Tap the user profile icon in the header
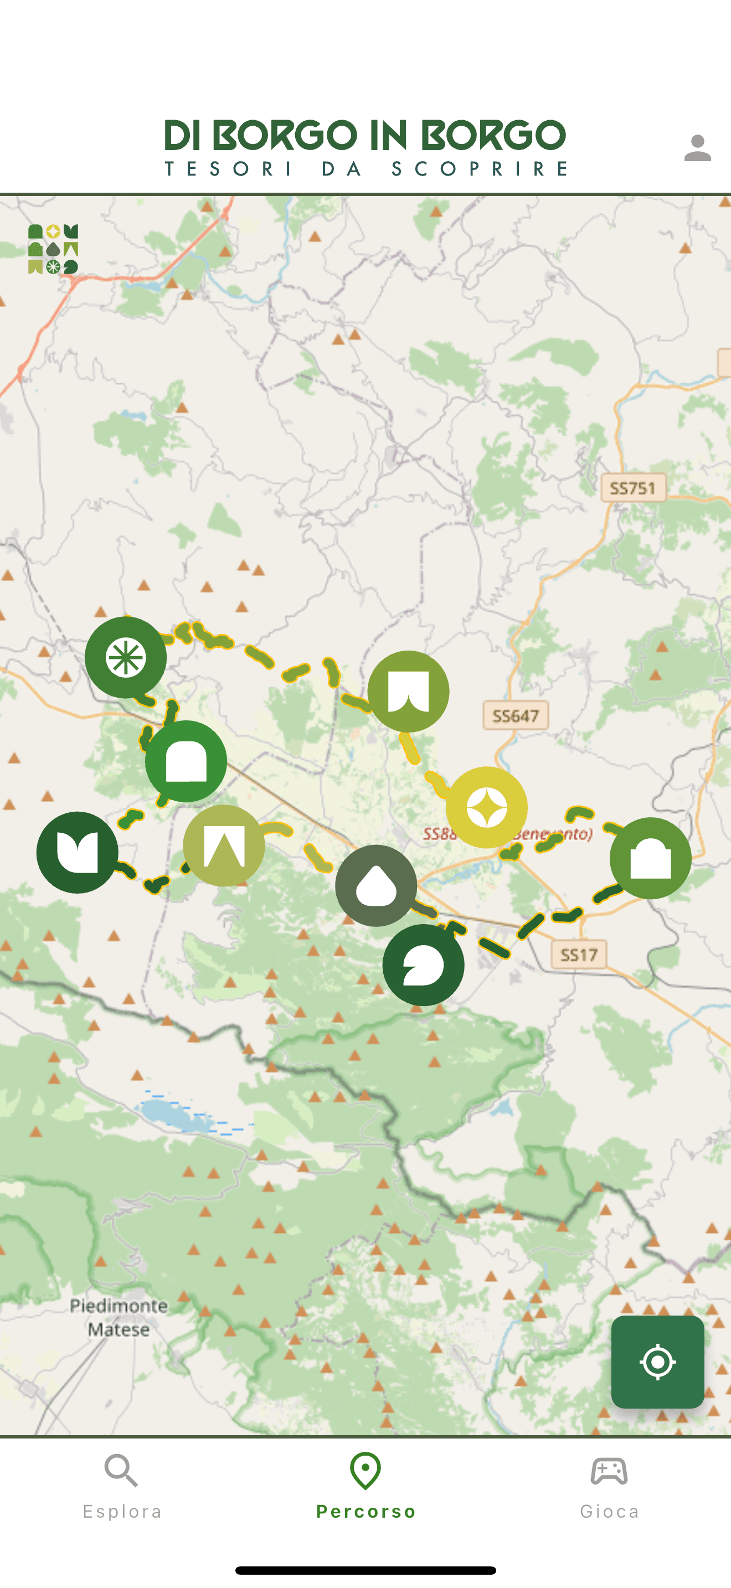tap(697, 148)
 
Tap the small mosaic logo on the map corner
tap(53, 249)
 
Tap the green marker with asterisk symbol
tap(126, 657)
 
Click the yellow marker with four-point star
tap(486, 807)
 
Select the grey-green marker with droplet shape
tap(375, 885)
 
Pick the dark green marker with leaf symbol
tap(423, 965)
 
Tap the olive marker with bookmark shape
tap(408, 691)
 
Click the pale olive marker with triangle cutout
tap(224, 845)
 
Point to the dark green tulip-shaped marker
tap(77, 852)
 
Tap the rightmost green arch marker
tap(650, 858)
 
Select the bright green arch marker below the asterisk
tap(186, 761)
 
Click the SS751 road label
tap(633, 488)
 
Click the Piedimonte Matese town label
tap(119, 1317)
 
